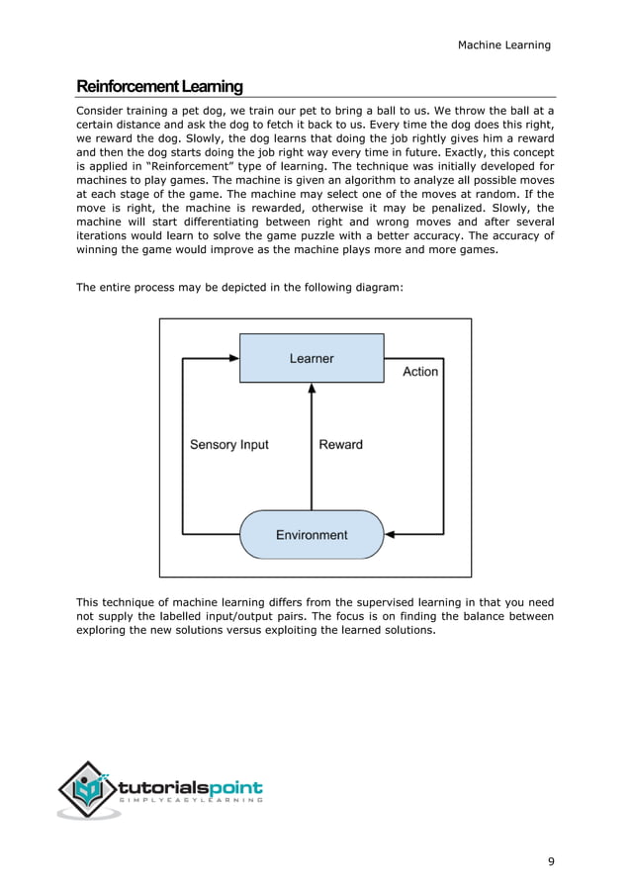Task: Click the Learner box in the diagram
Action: pyautogui.click(x=312, y=358)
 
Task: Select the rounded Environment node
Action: pyautogui.click(x=312, y=535)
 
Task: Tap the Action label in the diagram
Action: pyautogui.click(x=420, y=372)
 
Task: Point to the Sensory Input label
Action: pyautogui.click(x=228, y=445)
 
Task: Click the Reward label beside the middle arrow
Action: pyautogui.click(x=340, y=445)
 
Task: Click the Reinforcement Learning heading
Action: pyautogui.click(x=159, y=86)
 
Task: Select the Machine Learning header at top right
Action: pyautogui.click(x=504, y=45)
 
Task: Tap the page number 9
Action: pyautogui.click(x=551, y=861)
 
